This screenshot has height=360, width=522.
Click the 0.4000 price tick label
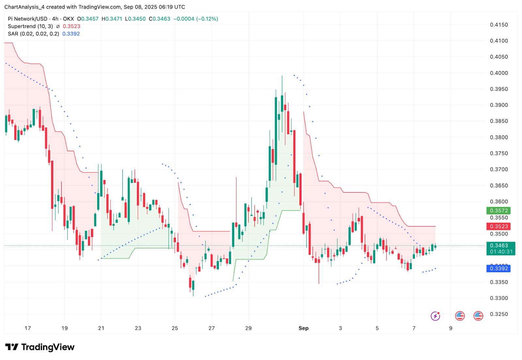[499, 73]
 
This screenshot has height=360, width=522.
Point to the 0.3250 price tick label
[499, 314]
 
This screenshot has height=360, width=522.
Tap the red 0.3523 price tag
[499, 227]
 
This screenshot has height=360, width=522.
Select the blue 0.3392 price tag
[499, 269]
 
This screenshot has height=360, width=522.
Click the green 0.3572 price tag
[499, 211]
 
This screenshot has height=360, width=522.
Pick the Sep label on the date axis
[303, 328]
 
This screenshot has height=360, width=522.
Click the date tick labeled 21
[101, 328]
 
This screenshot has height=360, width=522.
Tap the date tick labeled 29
[248, 328]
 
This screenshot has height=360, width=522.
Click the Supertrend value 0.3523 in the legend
[71, 26]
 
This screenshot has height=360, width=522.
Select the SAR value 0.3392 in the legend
[71, 34]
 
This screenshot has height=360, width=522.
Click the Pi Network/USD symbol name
[28, 19]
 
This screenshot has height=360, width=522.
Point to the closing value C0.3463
[160, 19]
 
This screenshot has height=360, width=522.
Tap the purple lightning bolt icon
[435, 316]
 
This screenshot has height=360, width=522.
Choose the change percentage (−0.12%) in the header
[207, 19]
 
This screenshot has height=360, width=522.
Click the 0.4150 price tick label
[499, 25]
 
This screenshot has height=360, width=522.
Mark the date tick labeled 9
[451, 328]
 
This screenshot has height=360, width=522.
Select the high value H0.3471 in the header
[112, 19]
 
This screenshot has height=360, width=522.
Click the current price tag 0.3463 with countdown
[500, 248]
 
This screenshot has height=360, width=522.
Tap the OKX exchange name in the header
[69, 19]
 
